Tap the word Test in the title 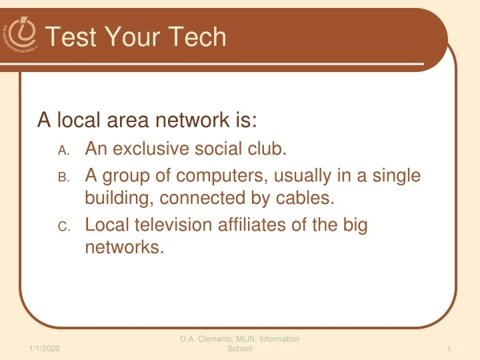[x=73, y=37]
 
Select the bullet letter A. [x=63, y=152]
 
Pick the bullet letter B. [x=63, y=178]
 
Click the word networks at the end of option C [x=124, y=249]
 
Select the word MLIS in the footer [x=254, y=339]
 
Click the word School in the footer [x=239, y=349]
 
